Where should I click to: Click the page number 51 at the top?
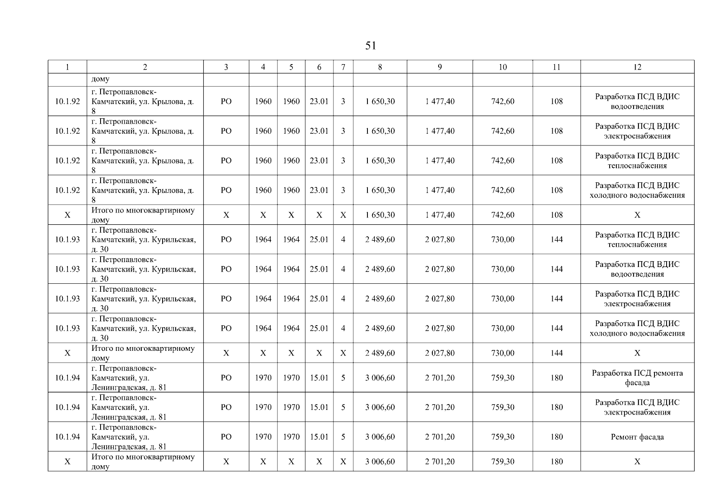click(x=370, y=46)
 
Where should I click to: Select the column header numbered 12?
click(x=637, y=67)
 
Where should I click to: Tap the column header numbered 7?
click(x=343, y=67)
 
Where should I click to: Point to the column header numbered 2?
click(x=145, y=67)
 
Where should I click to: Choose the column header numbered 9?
click(x=440, y=67)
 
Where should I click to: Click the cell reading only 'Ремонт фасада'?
click(x=637, y=437)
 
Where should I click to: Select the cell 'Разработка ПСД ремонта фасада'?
click(x=637, y=378)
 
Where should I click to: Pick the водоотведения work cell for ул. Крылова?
click(x=637, y=101)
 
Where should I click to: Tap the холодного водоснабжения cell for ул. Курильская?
click(x=637, y=328)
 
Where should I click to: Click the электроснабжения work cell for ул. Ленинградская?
click(x=637, y=407)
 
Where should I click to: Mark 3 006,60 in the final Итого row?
click(x=380, y=462)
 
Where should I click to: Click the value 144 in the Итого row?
click(x=556, y=353)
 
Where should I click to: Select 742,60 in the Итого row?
click(x=503, y=215)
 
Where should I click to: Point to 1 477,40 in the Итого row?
click(x=440, y=215)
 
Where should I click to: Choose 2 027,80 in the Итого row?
click(x=440, y=353)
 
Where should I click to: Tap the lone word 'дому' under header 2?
click(x=101, y=79)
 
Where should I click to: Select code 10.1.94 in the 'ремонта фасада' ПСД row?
click(x=67, y=378)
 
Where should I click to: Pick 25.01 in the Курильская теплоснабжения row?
click(x=319, y=239)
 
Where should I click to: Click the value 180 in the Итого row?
click(x=556, y=462)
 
